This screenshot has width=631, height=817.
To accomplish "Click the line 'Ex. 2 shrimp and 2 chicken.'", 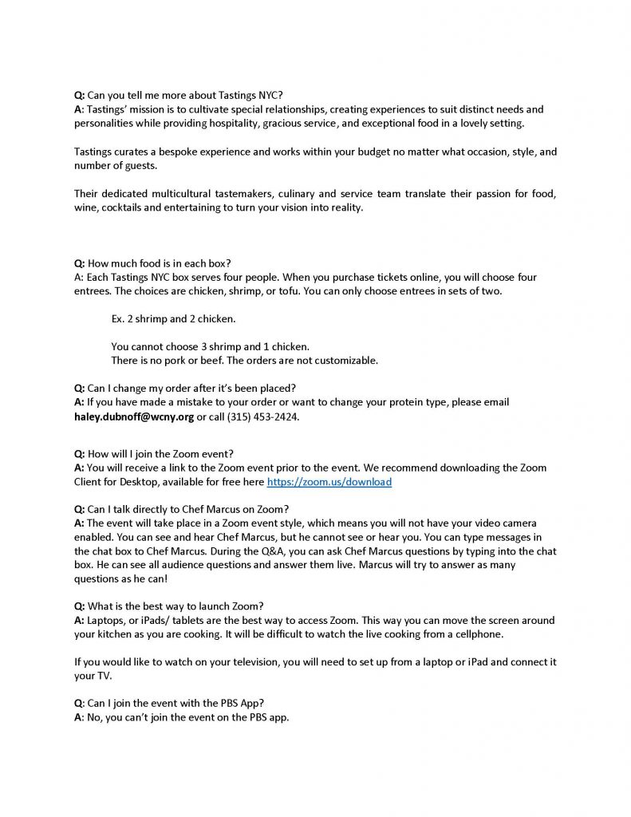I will click(173, 319).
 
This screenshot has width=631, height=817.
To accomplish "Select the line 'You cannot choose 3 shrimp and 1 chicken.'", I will click(210, 346).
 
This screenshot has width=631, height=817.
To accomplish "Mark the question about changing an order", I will click(184, 389).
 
